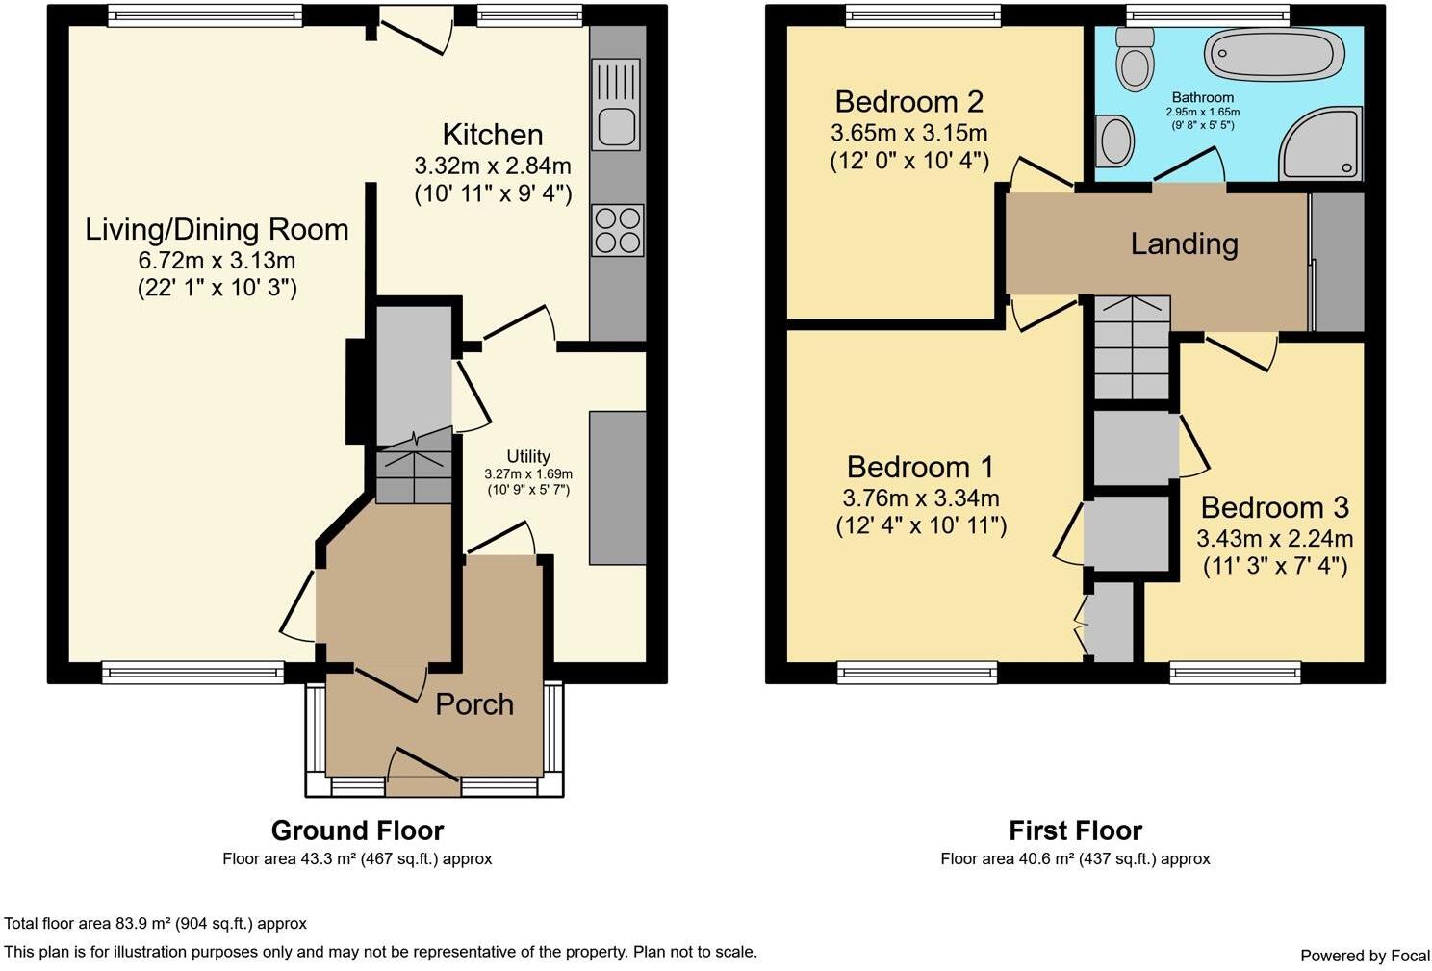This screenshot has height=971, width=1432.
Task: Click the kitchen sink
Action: (x=616, y=104)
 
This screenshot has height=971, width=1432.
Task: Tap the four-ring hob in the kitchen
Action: (x=618, y=230)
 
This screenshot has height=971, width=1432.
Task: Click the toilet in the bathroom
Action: (x=1134, y=59)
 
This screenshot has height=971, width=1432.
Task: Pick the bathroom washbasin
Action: (x=1115, y=141)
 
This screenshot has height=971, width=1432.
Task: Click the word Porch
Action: (x=474, y=704)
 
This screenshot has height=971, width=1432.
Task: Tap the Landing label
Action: (x=1184, y=243)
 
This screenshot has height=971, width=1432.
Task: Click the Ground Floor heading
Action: (x=357, y=830)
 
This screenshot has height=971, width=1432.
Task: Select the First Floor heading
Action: (x=1075, y=830)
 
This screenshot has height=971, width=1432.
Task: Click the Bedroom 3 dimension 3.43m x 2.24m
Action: (x=1275, y=539)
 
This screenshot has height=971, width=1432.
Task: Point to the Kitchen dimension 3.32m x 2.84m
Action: (x=493, y=166)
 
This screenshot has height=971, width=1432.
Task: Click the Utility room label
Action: (x=528, y=456)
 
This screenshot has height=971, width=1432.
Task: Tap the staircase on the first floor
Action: (x=1132, y=347)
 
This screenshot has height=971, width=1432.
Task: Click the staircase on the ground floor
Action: (x=414, y=468)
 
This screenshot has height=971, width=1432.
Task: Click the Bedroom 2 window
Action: (x=923, y=16)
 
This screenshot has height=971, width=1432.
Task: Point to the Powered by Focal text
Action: (x=1365, y=956)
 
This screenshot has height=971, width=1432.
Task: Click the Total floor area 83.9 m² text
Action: (x=155, y=923)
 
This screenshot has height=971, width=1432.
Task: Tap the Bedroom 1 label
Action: (x=921, y=468)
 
